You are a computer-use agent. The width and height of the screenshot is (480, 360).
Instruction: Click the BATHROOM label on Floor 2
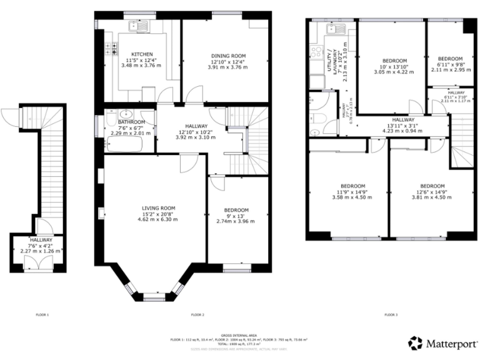131,122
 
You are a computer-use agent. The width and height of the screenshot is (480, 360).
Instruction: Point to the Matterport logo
440,342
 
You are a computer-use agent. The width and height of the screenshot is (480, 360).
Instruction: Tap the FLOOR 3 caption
390,314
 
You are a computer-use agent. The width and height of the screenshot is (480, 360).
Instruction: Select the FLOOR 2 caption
197,314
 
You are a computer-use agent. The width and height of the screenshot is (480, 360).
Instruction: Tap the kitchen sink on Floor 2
133,26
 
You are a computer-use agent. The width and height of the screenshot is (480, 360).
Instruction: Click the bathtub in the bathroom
124,145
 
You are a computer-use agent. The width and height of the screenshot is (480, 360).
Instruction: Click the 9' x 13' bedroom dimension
232,216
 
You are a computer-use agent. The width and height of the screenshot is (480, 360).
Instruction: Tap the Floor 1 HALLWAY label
41,240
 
